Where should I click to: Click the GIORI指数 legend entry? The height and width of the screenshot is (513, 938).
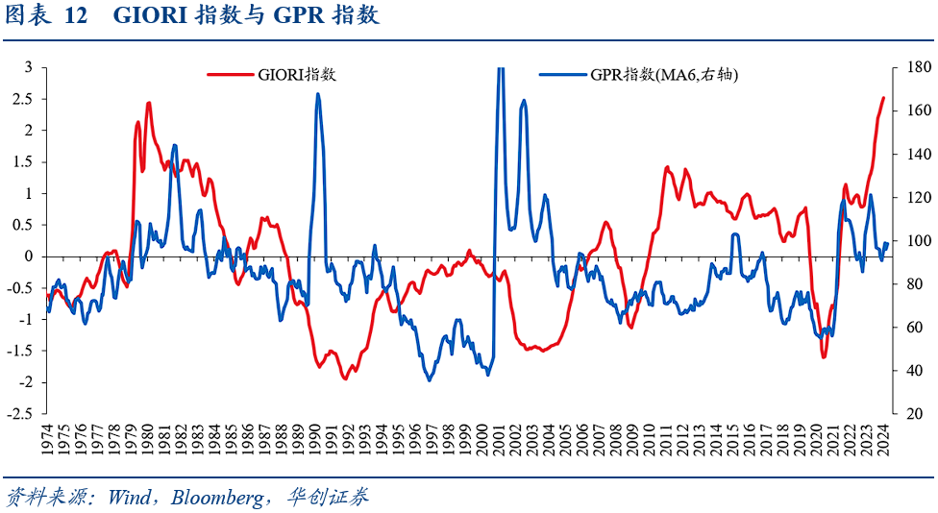pos(296,75)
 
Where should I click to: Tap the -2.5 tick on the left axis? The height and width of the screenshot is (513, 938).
pos(22,414)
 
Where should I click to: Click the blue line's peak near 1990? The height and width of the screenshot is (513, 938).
pos(317,94)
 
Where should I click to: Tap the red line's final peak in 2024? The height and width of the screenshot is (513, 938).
pos(883,98)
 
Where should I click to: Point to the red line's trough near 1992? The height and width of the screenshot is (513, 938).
pos(345,379)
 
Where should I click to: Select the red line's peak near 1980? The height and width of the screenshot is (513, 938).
pos(149,103)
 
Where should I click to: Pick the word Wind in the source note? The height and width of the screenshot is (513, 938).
pos(130,498)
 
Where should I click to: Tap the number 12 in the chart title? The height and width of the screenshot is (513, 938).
pos(77,16)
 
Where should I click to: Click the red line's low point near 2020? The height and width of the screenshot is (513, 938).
pos(824,357)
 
